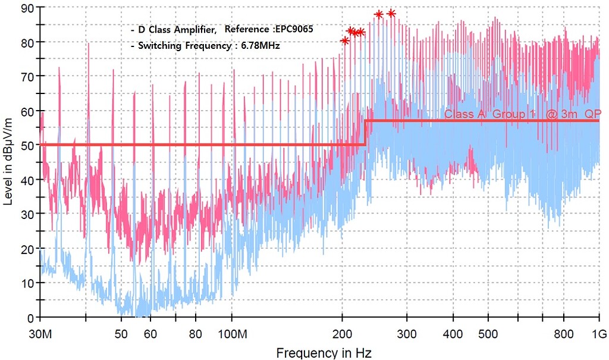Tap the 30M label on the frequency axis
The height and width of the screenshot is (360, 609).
point(40,334)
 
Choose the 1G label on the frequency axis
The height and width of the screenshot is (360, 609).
point(598,334)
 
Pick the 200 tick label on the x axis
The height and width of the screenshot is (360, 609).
point(342,334)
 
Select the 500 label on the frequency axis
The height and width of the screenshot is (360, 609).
point(488,334)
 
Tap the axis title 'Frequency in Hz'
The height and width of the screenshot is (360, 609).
point(324,352)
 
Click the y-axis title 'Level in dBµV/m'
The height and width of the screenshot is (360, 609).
point(8,161)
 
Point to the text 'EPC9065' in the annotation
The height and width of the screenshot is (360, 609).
point(294,29)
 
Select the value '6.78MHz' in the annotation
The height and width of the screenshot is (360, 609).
point(260,45)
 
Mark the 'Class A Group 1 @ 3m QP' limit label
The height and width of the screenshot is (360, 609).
point(523,114)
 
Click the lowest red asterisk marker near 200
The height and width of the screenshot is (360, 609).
point(344,40)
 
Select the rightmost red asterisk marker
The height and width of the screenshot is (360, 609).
point(391,13)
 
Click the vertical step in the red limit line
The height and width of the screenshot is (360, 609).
point(365,133)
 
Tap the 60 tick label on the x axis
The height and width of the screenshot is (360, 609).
point(150,334)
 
